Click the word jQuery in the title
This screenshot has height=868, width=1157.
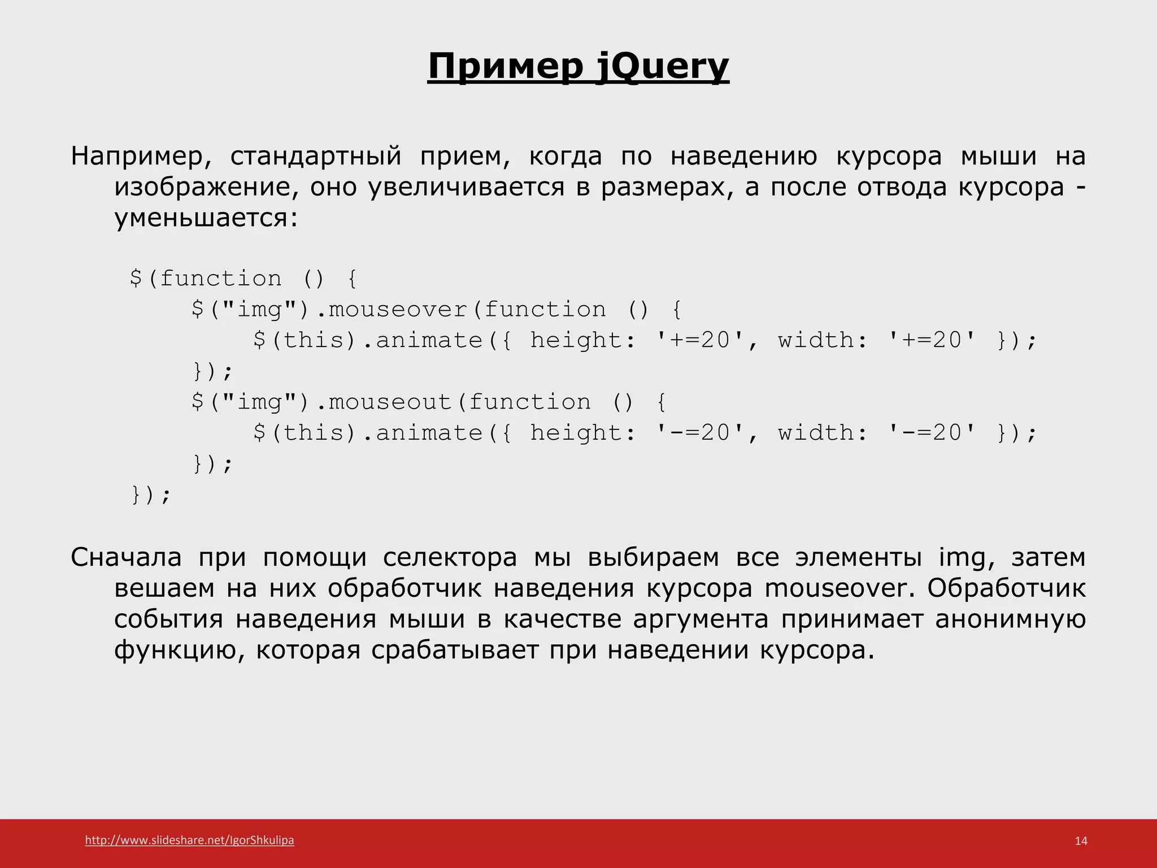coord(662,67)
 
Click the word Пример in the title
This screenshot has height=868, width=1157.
coord(505,67)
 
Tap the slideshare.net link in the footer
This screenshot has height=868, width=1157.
coord(189,840)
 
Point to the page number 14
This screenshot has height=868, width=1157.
coord(1081,841)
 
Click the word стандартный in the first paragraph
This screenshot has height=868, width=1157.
coord(316,156)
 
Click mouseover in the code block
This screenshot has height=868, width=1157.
coord(398,310)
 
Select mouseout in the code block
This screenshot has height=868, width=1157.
coord(390,402)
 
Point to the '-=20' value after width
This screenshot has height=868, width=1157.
coord(932,433)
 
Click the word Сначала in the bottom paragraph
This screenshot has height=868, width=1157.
coord(126,557)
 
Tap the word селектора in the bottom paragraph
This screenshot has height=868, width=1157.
coord(450,557)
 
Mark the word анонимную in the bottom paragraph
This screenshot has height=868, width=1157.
coord(1010,619)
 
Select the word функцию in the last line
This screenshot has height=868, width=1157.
coord(179,650)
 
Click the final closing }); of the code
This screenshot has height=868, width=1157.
coord(150,495)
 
